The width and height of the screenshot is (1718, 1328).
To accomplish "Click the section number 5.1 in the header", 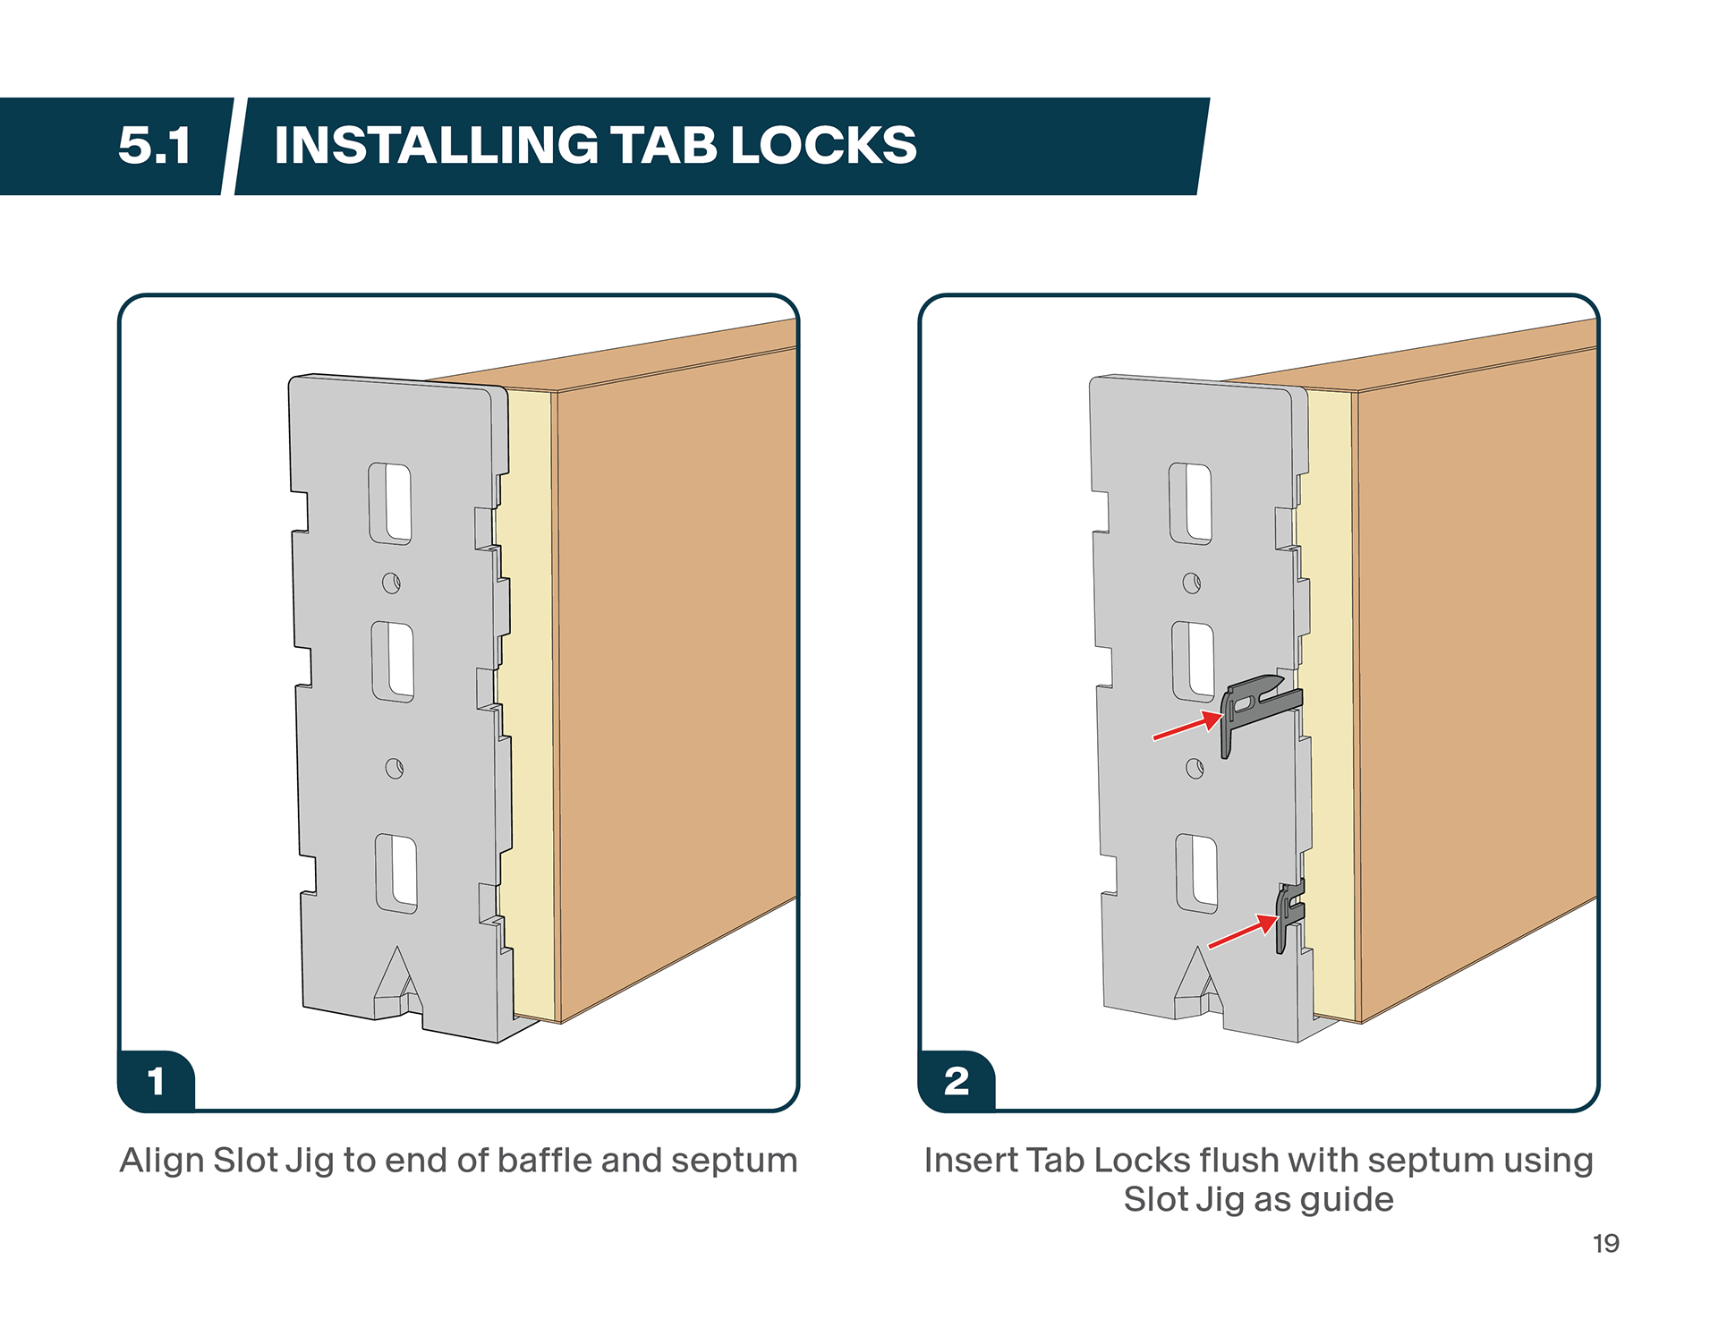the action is (155, 145).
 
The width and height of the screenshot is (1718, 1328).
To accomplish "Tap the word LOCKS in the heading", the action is (823, 145).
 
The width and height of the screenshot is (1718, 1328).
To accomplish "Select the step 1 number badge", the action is (157, 1081).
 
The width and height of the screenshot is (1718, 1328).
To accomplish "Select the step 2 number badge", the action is (957, 1081).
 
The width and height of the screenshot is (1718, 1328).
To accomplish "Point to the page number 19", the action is (1605, 1244).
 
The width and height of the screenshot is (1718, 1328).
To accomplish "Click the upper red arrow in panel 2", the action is (1186, 726).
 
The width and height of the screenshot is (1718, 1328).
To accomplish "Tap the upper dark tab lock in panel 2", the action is (1258, 707).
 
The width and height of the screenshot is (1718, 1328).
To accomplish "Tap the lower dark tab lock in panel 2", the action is (1289, 915).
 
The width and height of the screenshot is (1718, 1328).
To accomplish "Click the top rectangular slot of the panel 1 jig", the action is (390, 504).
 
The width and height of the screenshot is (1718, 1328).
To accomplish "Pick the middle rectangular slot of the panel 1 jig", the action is (393, 662).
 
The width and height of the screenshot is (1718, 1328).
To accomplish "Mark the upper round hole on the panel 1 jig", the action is (391, 583).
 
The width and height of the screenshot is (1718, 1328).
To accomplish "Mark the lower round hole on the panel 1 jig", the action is (394, 769).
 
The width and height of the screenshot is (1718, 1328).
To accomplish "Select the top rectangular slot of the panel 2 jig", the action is (1190, 504).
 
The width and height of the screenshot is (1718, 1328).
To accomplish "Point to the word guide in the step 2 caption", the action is (1346, 1200).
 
